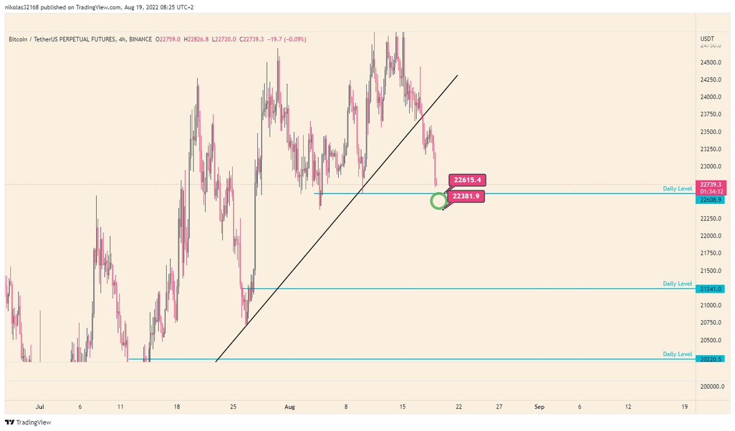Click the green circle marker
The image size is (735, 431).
click(x=438, y=201)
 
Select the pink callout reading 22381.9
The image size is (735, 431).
click(x=466, y=196)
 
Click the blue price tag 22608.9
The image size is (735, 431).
click(x=711, y=200)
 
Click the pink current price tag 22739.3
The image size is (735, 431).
click(x=711, y=184)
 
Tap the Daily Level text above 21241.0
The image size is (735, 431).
click(x=677, y=284)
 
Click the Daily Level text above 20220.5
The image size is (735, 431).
click(x=677, y=354)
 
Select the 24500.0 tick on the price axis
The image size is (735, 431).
click(x=711, y=62)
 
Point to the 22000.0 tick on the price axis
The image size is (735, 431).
click(x=711, y=236)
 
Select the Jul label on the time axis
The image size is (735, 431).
click(x=40, y=406)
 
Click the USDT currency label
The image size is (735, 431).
click(x=707, y=40)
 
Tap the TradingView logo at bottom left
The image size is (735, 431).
click(x=28, y=422)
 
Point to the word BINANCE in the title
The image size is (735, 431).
click(x=141, y=40)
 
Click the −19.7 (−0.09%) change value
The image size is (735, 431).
click(x=285, y=40)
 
